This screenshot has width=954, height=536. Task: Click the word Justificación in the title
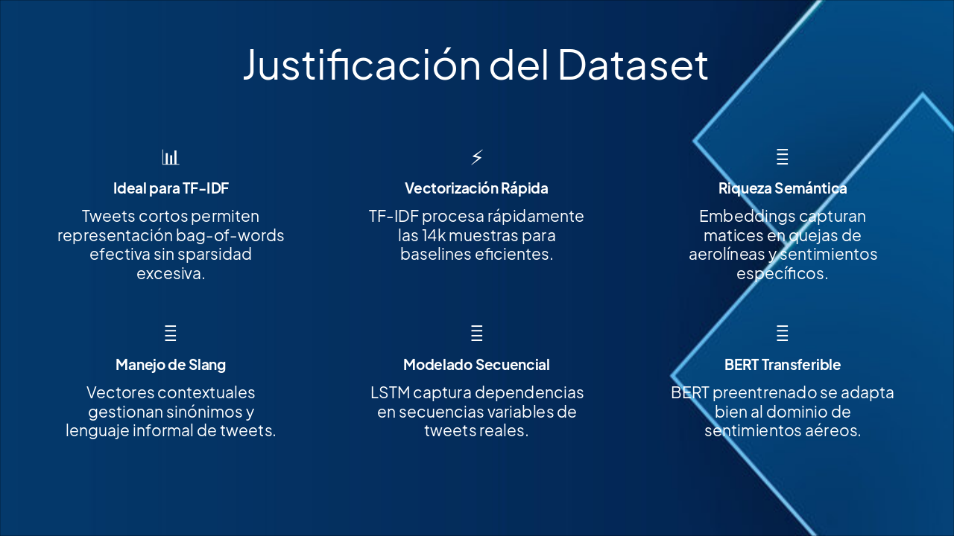pyautogui.click(x=362, y=65)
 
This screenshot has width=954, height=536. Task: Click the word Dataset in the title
pyautogui.click(x=633, y=65)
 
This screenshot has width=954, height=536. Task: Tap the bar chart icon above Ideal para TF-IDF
pyautogui.click(x=171, y=157)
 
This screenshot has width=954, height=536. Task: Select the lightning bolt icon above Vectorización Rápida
pyautogui.click(x=477, y=157)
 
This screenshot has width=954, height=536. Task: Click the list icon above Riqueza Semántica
pyautogui.click(x=782, y=157)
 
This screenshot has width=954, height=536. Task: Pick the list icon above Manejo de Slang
pyautogui.click(x=171, y=333)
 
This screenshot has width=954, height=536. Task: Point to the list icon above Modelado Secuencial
pyautogui.click(x=477, y=333)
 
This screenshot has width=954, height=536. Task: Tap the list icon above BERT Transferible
pyautogui.click(x=782, y=333)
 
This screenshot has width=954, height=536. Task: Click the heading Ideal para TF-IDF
pyautogui.click(x=171, y=188)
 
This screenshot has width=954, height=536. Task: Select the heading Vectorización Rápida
pyautogui.click(x=476, y=188)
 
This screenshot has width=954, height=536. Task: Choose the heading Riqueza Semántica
pyautogui.click(x=782, y=188)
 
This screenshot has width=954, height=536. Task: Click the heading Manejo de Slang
pyautogui.click(x=171, y=365)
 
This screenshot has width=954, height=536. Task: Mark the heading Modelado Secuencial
pyautogui.click(x=476, y=365)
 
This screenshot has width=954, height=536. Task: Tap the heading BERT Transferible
pyautogui.click(x=782, y=365)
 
